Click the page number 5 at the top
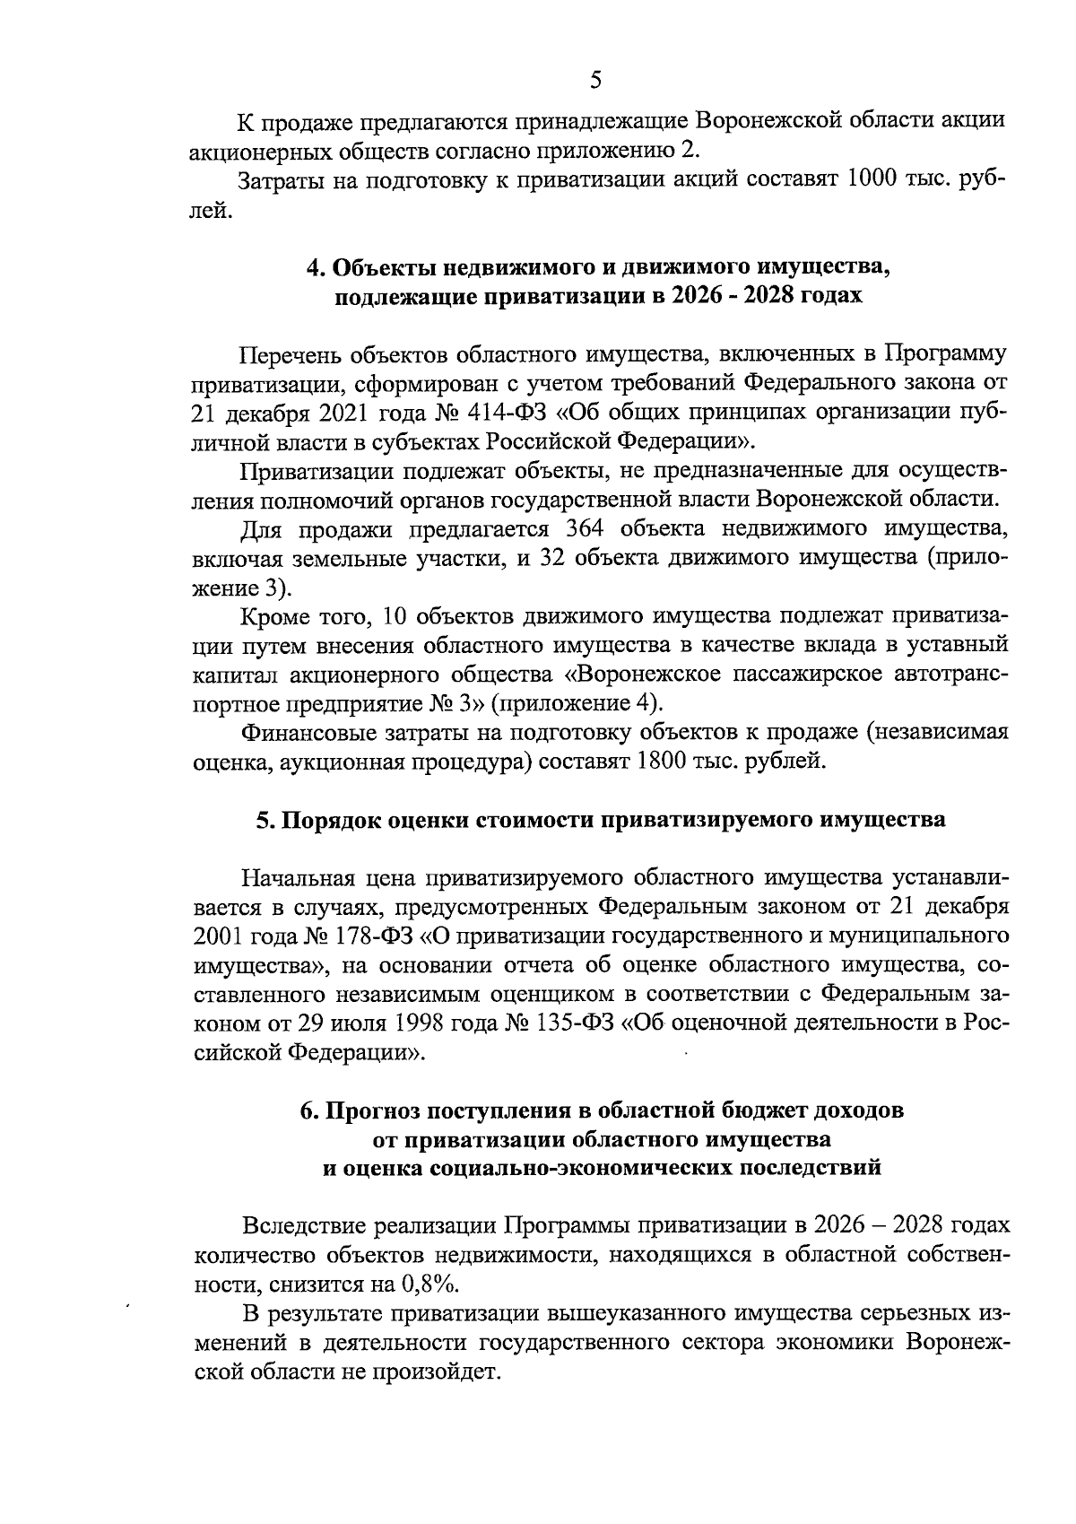coord(595,81)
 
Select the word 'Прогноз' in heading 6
coord(372,1110)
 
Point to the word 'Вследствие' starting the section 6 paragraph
coord(305,1225)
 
